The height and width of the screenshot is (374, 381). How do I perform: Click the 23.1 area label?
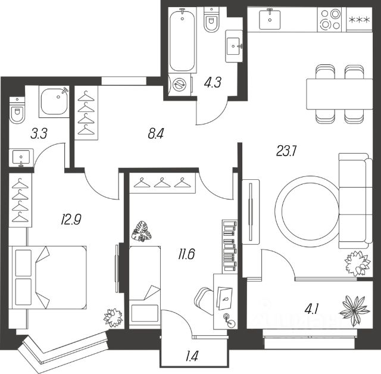coord(286,151)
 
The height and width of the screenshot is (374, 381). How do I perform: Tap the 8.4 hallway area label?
coord(155,133)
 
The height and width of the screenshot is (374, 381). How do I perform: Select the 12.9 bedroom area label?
coord(71,219)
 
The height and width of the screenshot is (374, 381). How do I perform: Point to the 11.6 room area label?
coord(186,254)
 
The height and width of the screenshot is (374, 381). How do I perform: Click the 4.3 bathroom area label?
coord(213,82)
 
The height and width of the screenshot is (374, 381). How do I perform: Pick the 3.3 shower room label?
coord(39,133)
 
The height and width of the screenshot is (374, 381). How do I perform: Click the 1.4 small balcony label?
coord(191,356)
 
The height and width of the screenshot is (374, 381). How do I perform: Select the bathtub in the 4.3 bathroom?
coord(182,40)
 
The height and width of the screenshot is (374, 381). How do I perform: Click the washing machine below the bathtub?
coord(180,85)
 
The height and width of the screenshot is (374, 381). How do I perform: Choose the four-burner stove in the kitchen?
coord(329,19)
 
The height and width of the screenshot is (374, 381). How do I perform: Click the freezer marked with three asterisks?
coord(359,19)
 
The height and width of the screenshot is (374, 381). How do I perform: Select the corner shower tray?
coord(54,102)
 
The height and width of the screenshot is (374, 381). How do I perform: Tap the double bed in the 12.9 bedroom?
coord(48,278)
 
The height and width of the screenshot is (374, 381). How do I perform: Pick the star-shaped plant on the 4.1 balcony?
coord(356,311)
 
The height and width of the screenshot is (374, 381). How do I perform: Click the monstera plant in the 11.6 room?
coord(142,231)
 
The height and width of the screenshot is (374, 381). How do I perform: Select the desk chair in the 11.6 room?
coord(204,300)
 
